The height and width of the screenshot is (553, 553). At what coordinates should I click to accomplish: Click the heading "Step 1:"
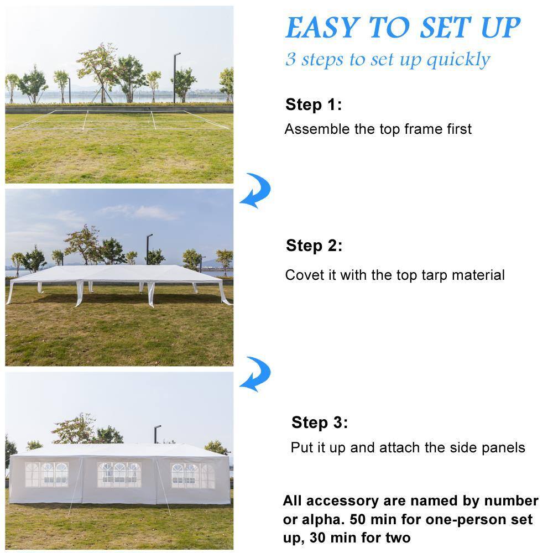pyautogui.click(x=314, y=105)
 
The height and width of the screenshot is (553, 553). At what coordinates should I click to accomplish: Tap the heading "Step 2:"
pyautogui.click(x=314, y=246)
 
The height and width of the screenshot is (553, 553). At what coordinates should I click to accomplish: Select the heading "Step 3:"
pyautogui.click(x=320, y=422)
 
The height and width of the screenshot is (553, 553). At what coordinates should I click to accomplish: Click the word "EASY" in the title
pyautogui.click(x=323, y=28)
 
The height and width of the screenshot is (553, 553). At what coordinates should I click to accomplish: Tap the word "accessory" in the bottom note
pyautogui.click(x=341, y=501)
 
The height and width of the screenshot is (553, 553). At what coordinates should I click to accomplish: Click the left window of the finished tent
pyautogui.click(x=47, y=474)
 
